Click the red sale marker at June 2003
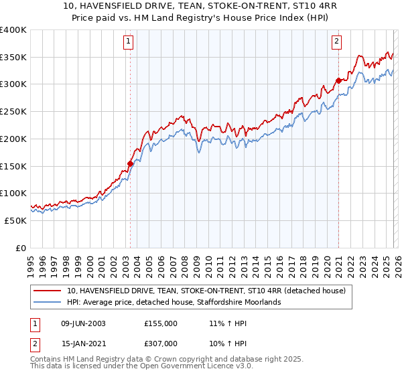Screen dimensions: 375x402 pyautogui.click(x=130, y=163)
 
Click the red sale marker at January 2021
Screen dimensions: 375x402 pyautogui.click(x=338, y=80)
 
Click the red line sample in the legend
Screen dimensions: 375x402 pyautogui.click(x=48, y=291)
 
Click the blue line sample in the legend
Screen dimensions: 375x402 pyautogui.click(x=48, y=302)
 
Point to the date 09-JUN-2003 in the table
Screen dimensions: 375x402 pyautogui.click(x=84, y=323)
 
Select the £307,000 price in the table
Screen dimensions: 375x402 pyautogui.click(x=161, y=343)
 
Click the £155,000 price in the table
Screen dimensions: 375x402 pyautogui.click(x=161, y=323)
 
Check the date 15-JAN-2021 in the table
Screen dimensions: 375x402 pyautogui.click(x=84, y=343)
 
